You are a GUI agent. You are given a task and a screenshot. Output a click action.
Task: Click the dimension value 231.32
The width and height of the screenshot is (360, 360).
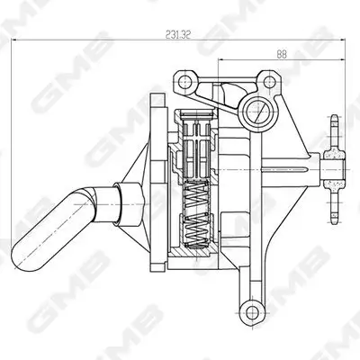click(176, 34)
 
